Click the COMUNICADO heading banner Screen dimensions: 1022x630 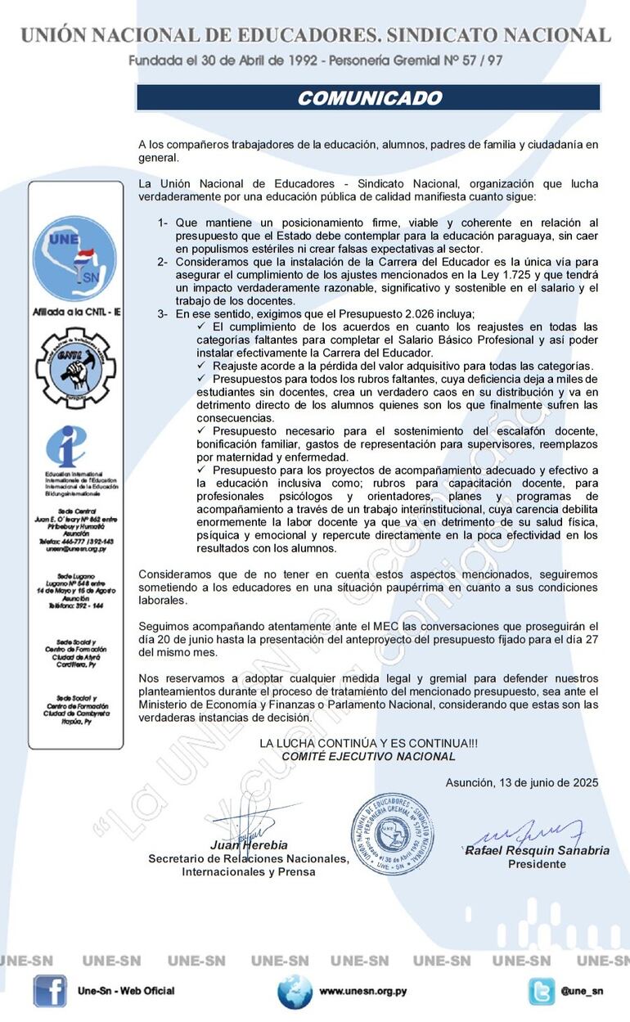(x=368, y=98)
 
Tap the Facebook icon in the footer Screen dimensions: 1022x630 (x=50, y=991)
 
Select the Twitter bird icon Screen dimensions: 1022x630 (x=541, y=991)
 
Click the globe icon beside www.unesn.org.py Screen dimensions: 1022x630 (x=295, y=991)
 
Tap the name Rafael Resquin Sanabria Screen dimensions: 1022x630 (x=538, y=850)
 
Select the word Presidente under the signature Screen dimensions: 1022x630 (x=537, y=864)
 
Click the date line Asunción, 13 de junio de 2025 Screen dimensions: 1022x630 (x=522, y=782)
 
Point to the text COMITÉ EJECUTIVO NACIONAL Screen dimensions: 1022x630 (x=368, y=757)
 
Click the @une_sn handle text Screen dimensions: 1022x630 (x=582, y=991)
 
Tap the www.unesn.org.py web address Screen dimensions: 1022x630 (x=362, y=991)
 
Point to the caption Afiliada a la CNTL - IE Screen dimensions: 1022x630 (x=74, y=312)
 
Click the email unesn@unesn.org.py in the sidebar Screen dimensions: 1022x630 (x=74, y=549)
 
